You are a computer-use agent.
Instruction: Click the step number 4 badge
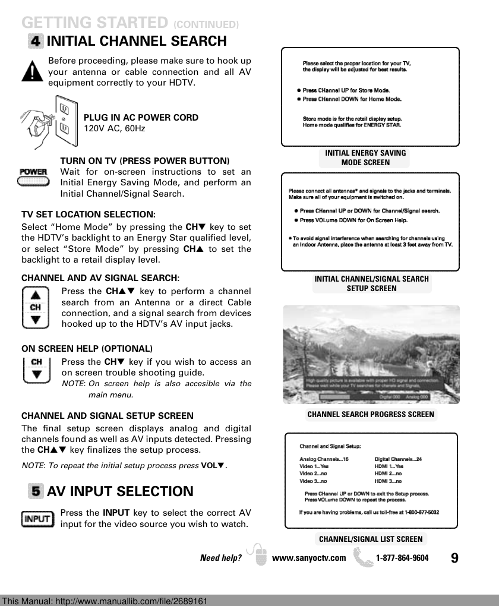click(36, 42)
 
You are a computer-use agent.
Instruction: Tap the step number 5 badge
click(36, 491)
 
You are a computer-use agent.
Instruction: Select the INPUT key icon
click(38, 519)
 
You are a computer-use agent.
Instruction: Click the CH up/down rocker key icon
click(36, 307)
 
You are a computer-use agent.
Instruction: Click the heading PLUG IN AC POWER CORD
click(141, 118)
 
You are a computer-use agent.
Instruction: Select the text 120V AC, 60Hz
click(114, 128)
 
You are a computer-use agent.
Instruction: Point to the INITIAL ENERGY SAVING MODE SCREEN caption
click(365, 157)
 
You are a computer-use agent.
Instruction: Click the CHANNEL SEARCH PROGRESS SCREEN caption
click(371, 415)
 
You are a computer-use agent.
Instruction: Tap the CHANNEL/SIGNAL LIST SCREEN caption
click(371, 539)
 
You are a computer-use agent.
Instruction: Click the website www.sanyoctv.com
click(308, 558)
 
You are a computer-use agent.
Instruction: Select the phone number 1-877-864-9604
click(402, 558)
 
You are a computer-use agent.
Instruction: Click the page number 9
click(454, 558)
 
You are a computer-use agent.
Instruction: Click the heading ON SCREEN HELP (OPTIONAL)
click(87, 348)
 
